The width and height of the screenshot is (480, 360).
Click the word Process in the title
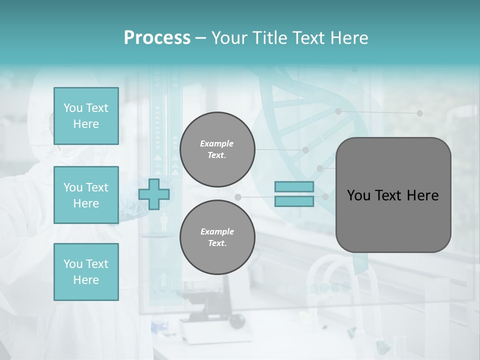[x=157, y=38]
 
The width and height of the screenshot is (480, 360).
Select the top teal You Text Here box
[x=86, y=116]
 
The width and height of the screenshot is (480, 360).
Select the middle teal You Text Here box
[x=86, y=195]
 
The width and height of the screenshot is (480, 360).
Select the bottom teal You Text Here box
[x=86, y=271]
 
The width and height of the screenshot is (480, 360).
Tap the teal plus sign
[x=153, y=194]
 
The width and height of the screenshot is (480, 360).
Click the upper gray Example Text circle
[x=217, y=149]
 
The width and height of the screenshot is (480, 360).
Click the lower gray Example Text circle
[x=217, y=237]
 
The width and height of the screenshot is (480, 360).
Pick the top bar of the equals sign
[x=294, y=187]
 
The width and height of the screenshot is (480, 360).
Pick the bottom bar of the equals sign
[x=294, y=201]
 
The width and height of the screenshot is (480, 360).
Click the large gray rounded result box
[x=393, y=220]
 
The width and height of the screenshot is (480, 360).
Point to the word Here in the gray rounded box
[x=422, y=195]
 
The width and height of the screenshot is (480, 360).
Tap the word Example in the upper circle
[x=217, y=143]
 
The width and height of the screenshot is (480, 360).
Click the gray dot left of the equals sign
[x=238, y=197]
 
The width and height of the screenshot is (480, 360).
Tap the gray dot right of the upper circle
[x=305, y=149]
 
